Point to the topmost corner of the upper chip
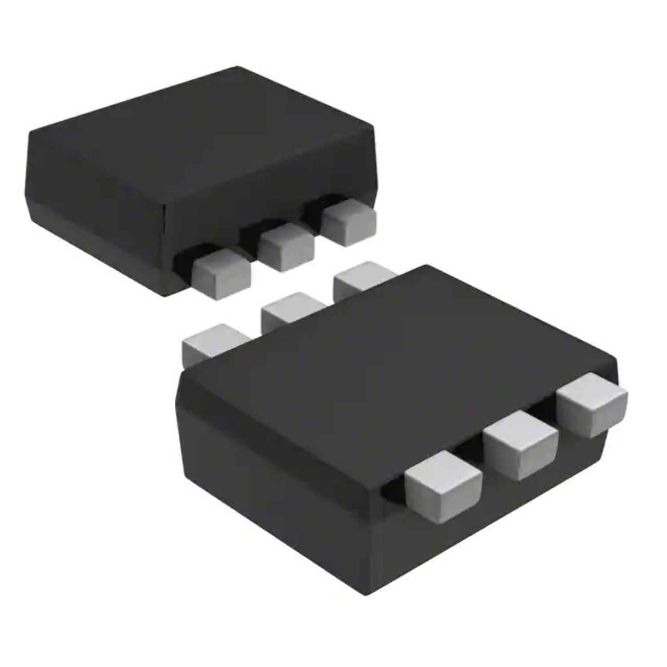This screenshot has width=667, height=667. pyautogui.click(x=238, y=68)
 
